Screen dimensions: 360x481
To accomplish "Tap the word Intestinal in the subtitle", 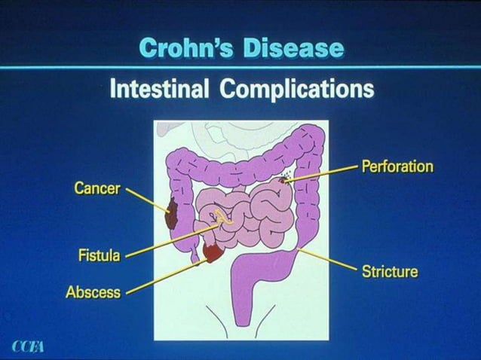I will [x=159, y=89].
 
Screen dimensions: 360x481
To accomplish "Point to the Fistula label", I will [x=99, y=255].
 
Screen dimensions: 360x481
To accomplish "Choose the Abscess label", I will [x=93, y=291].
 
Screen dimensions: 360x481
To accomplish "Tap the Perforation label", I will [x=397, y=166].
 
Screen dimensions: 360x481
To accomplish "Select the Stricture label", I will [x=389, y=271].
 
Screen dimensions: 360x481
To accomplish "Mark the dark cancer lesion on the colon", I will [x=171, y=215].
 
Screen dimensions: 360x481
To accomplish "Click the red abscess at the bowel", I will [x=213, y=253].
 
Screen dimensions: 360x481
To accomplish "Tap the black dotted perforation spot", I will [x=286, y=178].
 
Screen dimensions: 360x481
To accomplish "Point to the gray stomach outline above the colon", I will [x=219, y=136].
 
